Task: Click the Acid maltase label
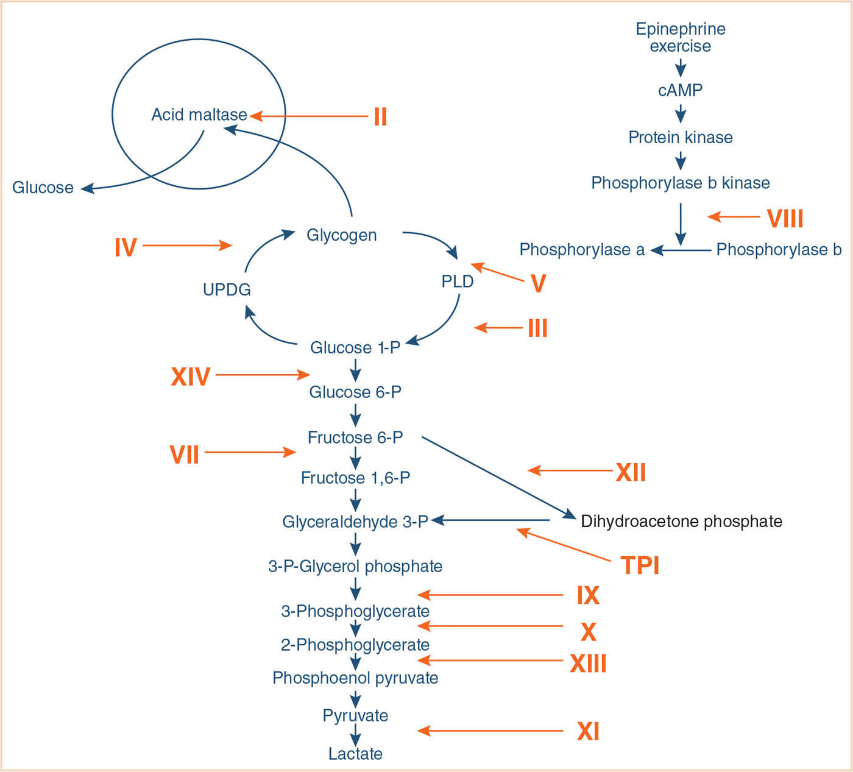pos(199,115)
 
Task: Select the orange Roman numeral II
pos(380,116)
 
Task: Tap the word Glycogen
pos(341,235)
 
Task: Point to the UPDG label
pos(227,289)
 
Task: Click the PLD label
pos(457,282)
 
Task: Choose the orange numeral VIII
pos(785,218)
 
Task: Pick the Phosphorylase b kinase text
pos(681,183)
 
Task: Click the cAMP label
pos(680,90)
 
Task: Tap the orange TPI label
pos(640,565)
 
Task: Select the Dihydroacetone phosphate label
pos(681,521)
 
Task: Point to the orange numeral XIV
pos(191,377)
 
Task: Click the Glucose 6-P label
pos(355,392)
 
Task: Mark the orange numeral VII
pos(185,455)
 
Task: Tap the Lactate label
pos(355,754)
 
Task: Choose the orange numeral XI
pos(588,731)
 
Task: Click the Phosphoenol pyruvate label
pos(355,678)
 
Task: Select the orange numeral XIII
pos(588,664)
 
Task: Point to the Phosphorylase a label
pos(582,249)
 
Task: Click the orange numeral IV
pos(126,247)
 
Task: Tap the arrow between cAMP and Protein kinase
pos(681,113)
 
